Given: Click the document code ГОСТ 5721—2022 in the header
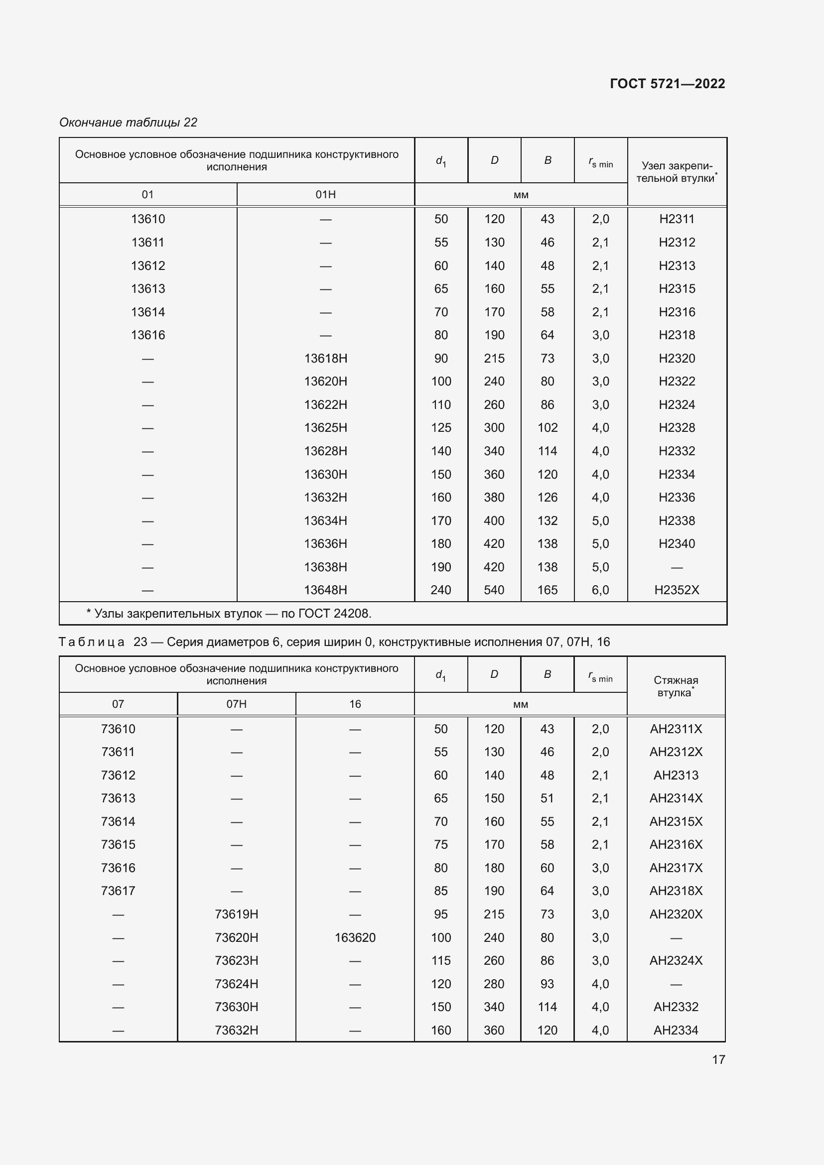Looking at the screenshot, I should click(667, 84).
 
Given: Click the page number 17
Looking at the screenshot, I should click(718, 1059).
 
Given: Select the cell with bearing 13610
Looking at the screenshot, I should click(147, 219).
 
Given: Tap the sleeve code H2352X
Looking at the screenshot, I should click(677, 590).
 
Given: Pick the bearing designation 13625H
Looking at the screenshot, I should click(325, 428).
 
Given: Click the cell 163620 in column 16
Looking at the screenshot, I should click(355, 938).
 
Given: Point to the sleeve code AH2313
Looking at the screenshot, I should click(676, 776).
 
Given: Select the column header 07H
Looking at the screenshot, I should click(237, 704).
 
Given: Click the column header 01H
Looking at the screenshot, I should click(325, 195).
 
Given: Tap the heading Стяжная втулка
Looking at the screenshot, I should click(676, 686).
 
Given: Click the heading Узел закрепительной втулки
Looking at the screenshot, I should click(677, 172).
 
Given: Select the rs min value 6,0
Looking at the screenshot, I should click(600, 590).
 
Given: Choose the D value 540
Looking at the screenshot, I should click(494, 590).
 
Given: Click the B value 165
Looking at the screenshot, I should click(548, 590).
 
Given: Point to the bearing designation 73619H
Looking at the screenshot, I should click(237, 914).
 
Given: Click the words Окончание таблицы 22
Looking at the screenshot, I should click(129, 123).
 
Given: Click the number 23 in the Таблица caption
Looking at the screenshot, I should click(140, 643).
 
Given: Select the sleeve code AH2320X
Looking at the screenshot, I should click(676, 914).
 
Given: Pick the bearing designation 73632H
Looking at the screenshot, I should click(237, 1031).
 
